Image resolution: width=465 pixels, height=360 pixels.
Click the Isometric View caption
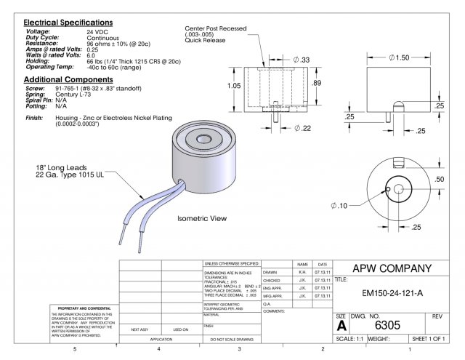pos(203,218)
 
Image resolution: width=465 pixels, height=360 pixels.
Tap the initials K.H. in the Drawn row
pos(303,272)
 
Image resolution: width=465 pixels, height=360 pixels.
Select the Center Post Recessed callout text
pos(216,28)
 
